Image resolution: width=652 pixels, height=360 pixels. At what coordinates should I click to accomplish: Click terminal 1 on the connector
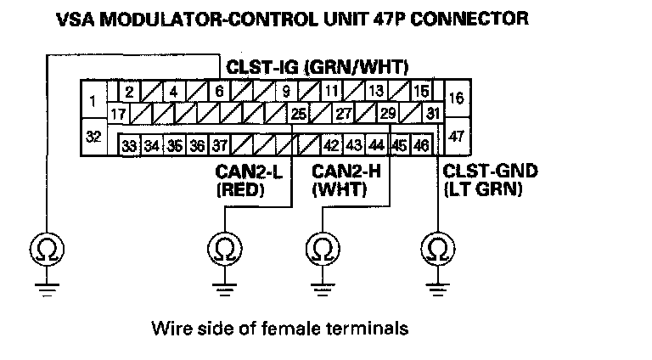pyautogui.click(x=91, y=101)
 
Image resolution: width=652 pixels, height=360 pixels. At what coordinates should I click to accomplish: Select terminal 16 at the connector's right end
pyautogui.click(x=456, y=98)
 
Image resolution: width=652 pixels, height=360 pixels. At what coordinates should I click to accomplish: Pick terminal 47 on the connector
pyautogui.click(x=456, y=136)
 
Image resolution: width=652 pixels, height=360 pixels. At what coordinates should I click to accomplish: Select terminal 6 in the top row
pyautogui.click(x=219, y=92)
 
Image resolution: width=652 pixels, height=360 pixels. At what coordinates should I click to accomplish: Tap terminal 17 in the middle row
pyautogui.click(x=119, y=113)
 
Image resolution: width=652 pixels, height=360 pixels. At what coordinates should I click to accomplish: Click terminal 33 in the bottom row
pyautogui.click(x=129, y=146)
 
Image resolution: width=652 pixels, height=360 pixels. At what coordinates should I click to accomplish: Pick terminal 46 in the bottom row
pyautogui.click(x=420, y=146)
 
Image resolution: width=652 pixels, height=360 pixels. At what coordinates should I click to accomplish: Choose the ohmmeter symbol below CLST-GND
pyautogui.click(x=438, y=250)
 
